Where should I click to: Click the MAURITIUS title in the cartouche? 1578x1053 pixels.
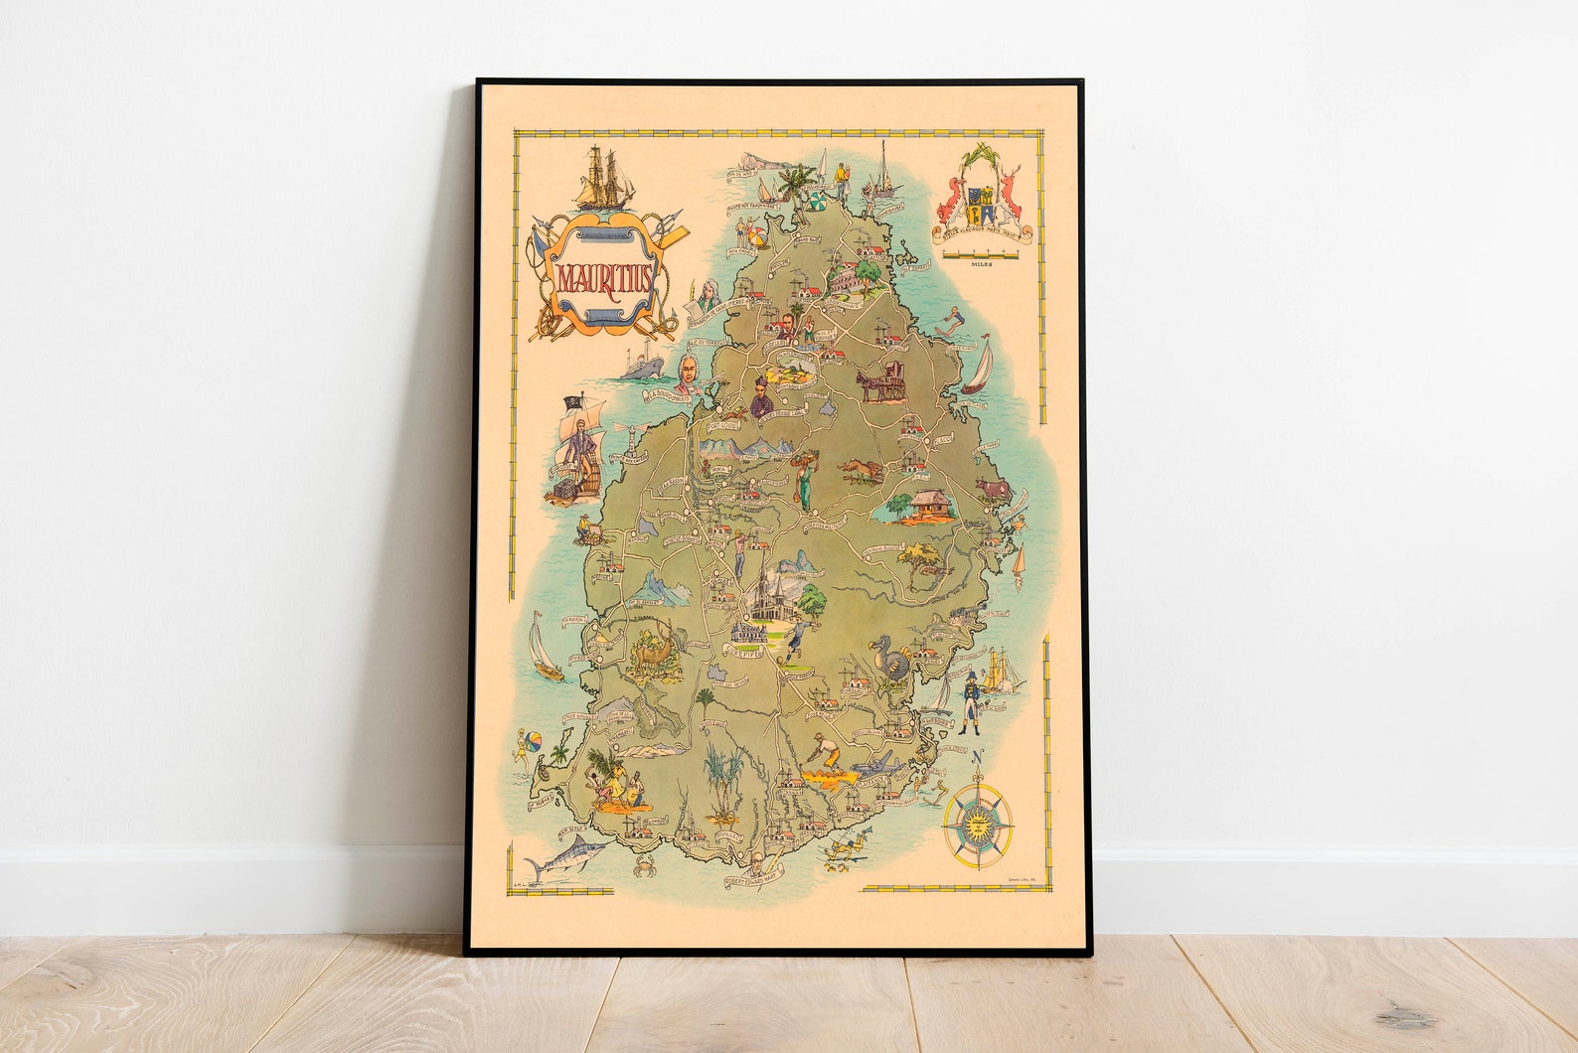click(x=602, y=278)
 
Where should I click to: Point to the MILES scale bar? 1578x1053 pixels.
click(x=981, y=257)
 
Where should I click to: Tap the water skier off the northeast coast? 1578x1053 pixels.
click(x=954, y=319)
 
